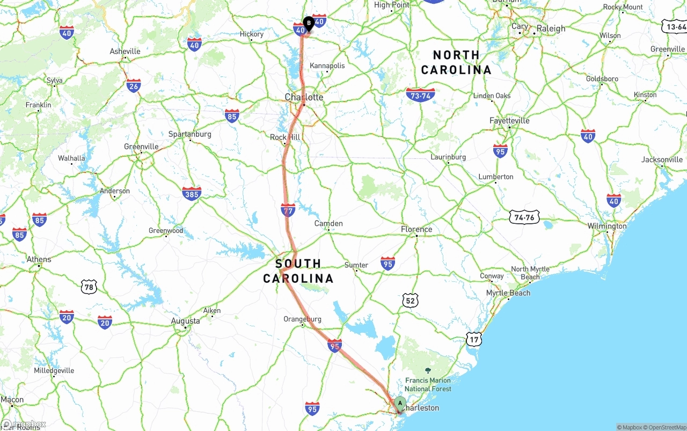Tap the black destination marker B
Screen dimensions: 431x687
[x=309, y=23]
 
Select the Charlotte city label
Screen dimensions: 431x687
[x=304, y=97]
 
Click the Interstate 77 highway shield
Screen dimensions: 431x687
[x=288, y=210]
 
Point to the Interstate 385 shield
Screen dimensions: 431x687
[x=192, y=193]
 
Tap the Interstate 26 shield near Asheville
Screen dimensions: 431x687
[x=134, y=85]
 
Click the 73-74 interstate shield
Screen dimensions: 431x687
[x=420, y=96]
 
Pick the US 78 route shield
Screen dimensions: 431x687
[x=89, y=287]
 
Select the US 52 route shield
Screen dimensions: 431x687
[x=410, y=301]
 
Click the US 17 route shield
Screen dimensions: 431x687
[x=474, y=339]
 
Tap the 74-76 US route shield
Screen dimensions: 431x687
[x=524, y=217]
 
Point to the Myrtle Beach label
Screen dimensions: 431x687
[x=508, y=293]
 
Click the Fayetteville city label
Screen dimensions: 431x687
[x=509, y=121]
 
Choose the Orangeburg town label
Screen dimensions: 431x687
[x=302, y=319]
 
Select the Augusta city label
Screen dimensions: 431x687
[x=185, y=321]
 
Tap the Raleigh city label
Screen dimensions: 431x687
[x=551, y=28]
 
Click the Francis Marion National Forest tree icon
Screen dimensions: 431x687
[x=428, y=370]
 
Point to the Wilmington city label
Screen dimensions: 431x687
[x=606, y=226]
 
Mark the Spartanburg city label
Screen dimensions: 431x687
[x=190, y=134]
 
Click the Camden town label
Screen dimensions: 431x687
[x=328, y=223]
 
